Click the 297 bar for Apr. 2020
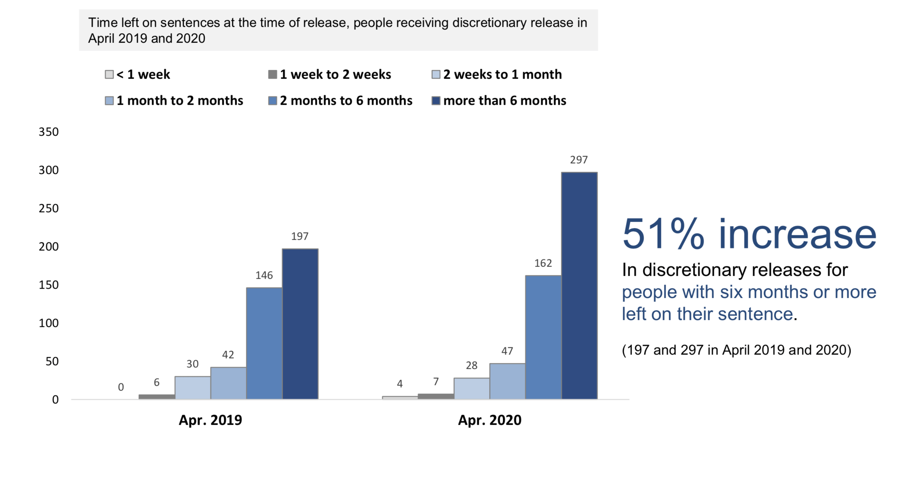[579, 285]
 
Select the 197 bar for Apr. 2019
[300, 324]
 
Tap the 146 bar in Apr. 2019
[264, 343]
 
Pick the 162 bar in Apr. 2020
[543, 337]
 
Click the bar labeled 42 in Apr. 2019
[229, 383]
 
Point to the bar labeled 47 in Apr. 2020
[507, 381]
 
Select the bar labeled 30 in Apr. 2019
[192, 387]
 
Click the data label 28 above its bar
[471, 365]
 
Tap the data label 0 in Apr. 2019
[121, 387]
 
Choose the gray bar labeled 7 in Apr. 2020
[436, 396]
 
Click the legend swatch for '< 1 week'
[109, 75]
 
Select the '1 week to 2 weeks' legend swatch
[272, 75]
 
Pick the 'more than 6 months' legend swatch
[436, 101]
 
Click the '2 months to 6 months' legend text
[346, 101]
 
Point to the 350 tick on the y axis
[49, 132]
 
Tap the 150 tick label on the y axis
[49, 285]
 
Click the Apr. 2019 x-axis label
[210, 420]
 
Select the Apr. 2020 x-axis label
[489, 420]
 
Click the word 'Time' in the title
[103, 23]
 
